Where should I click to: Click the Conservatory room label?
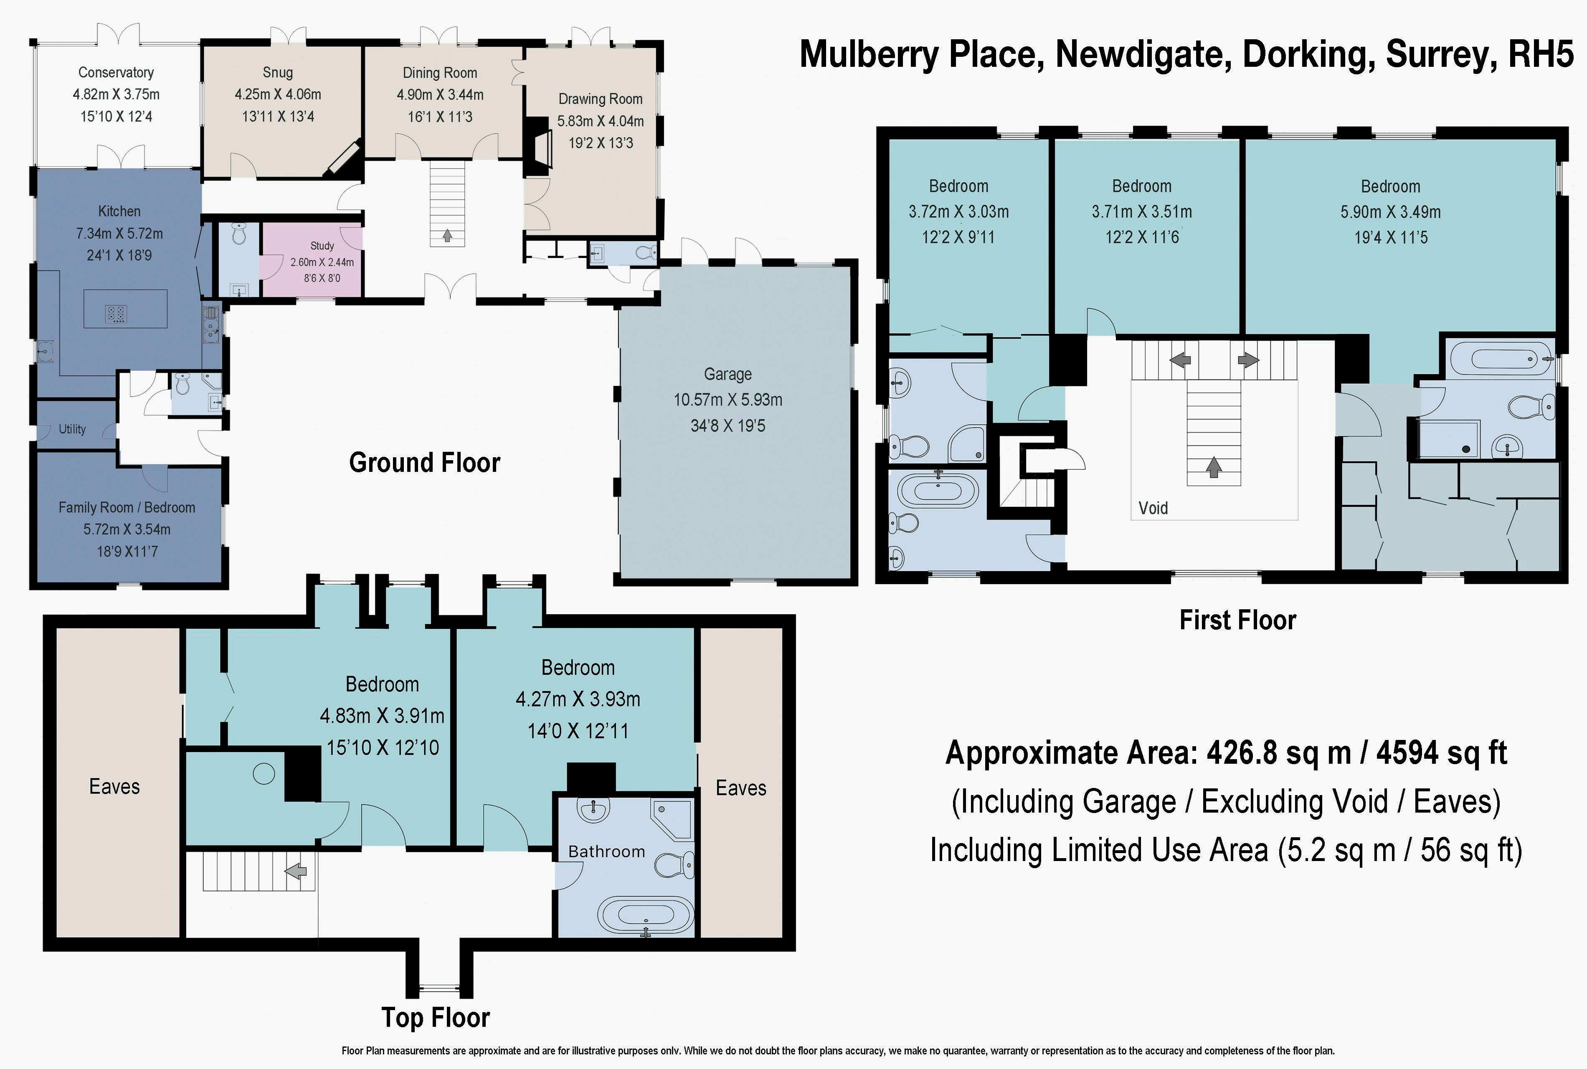pos(116,72)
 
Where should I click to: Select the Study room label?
pos(322,246)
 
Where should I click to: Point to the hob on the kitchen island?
pos(116,314)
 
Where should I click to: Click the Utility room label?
pos(72,429)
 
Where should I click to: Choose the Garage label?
pos(728,374)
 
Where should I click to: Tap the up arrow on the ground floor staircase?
pos(447,235)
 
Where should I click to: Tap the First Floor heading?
pos(1237,621)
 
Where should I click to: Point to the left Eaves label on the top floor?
pos(114,787)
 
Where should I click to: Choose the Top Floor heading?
pos(436,1018)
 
